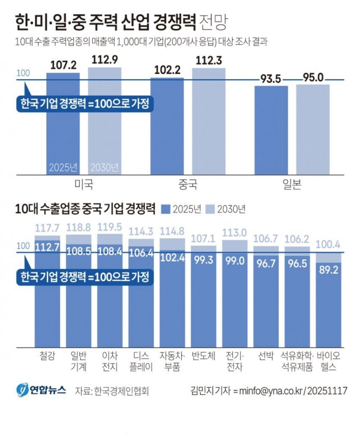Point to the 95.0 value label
[x=313, y=77]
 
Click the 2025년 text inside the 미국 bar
[x=63, y=167]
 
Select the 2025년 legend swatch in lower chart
[x=166, y=209]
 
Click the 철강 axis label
[x=47, y=356]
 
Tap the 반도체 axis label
[x=204, y=356]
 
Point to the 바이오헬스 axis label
[x=328, y=361]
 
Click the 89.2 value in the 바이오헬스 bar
[x=329, y=271]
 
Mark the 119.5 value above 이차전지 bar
[x=110, y=228]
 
